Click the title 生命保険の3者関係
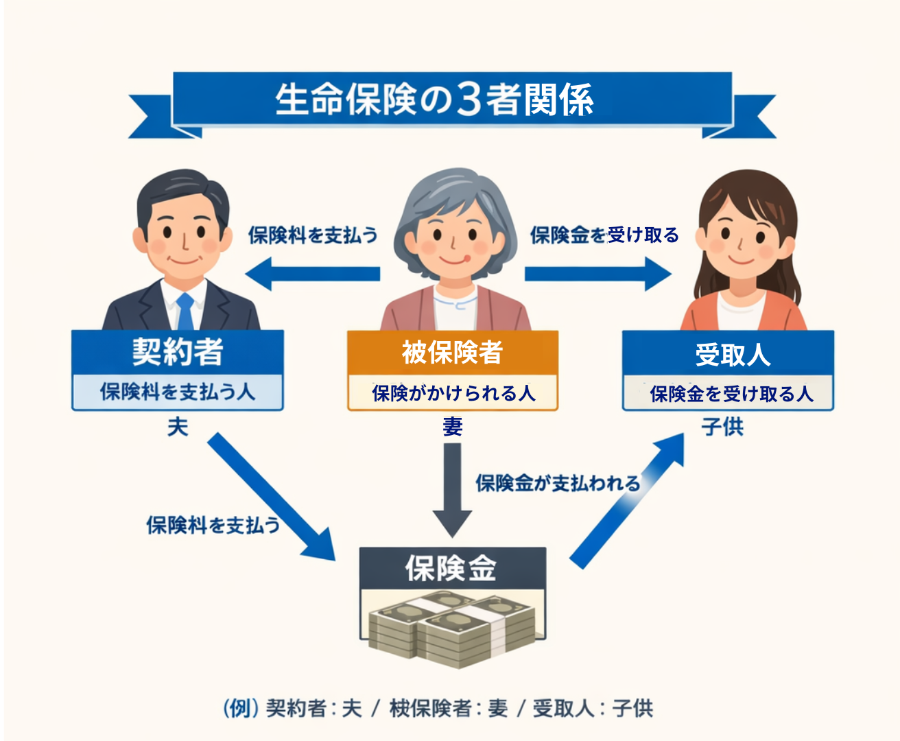[x=434, y=99]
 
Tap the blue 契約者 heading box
[x=178, y=353]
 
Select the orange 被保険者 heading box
[x=452, y=353]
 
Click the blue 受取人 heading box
[x=729, y=354]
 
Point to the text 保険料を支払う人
[x=178, y=392]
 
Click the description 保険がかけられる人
[x=453, y=393]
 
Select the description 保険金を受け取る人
[x=730, y=394]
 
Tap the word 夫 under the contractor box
[x=178, y=427]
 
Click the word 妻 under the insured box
[x=453, y=427]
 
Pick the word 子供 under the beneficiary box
[x=722, y=427]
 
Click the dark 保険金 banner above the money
[x=452, y=569]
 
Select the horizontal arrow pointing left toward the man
[x=312, y=274]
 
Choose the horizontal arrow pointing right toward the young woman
[x=597, y=274]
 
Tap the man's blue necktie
[x=185, y=312]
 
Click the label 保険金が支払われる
[x=558, y=483]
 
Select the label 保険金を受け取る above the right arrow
[x=604, y=235]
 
